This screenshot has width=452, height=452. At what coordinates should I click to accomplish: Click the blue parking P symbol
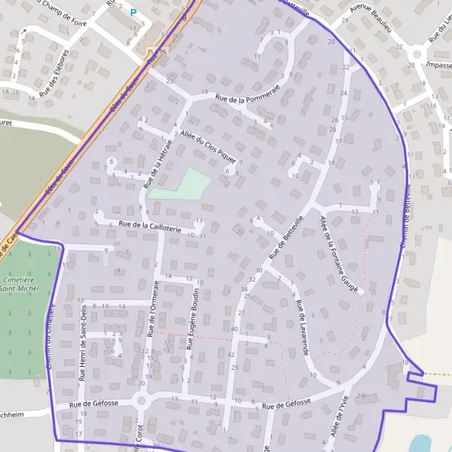tap(133, 12)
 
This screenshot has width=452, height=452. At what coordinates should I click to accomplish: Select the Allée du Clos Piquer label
tap(209, 146)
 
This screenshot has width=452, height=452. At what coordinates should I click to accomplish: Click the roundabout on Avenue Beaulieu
tap(416, 54)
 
